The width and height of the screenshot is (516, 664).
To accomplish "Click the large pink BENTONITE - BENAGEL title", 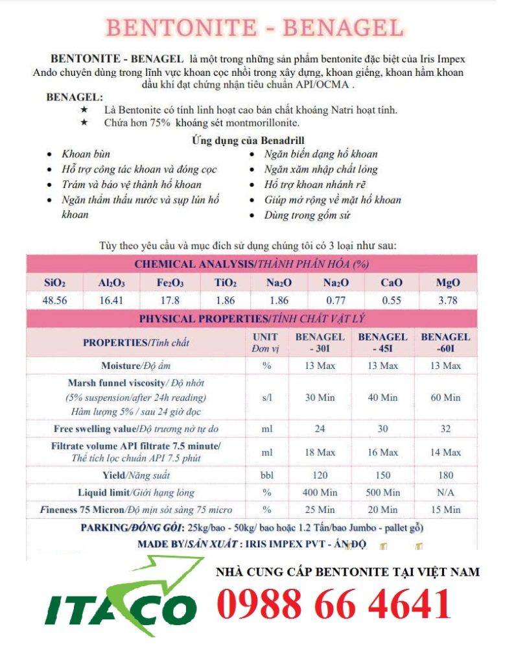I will pyautogui.click(x=254, y=28).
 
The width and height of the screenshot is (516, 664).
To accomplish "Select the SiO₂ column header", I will pyautogui.click(x=54, y=283).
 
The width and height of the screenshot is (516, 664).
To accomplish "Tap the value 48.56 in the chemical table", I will pyautogui.click(x=54, y=300).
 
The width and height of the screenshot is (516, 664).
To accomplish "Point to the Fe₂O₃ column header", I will pyautogui.click(x=169, y=283).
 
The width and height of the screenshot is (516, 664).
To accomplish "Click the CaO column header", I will pyautogui.click(x=392, y=283).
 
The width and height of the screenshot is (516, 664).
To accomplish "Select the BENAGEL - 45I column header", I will pyautogui.click(x=382, y=342).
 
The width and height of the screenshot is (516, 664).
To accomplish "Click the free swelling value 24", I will pyautogui.click(x=320, y=429).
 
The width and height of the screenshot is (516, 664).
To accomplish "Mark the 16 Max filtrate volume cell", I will pyautogui.click(x=382, y=452).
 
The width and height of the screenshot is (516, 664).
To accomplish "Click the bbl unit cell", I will pyautogui.click(x=267, y=475).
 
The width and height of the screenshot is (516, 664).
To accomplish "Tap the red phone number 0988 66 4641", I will pyautogui.click(x=334, y=604).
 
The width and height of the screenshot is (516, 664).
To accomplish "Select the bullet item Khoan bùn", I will pyautogui.click(x=86, y=154).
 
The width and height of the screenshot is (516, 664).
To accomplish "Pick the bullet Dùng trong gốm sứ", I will pyautogui.click(x=307, y=215).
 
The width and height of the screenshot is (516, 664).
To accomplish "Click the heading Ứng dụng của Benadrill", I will pyautogui.click(x=248, y=140).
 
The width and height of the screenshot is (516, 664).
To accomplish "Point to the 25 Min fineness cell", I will pyautogui.click(x=320, y=510).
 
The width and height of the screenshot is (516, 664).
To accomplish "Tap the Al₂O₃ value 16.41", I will pyautogui.click(x=111, y=300).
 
